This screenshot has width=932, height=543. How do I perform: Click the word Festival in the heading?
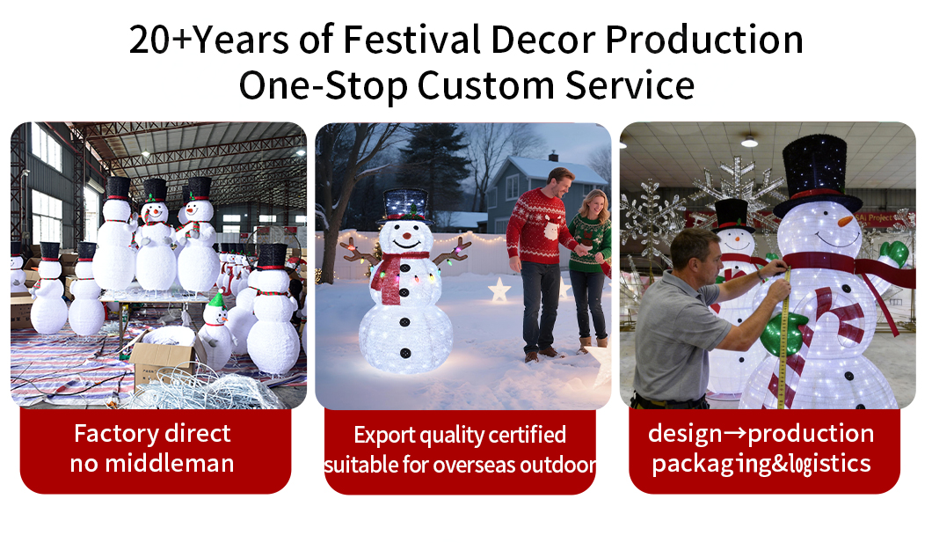point(409,40)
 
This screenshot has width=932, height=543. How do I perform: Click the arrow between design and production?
point(735,434)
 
